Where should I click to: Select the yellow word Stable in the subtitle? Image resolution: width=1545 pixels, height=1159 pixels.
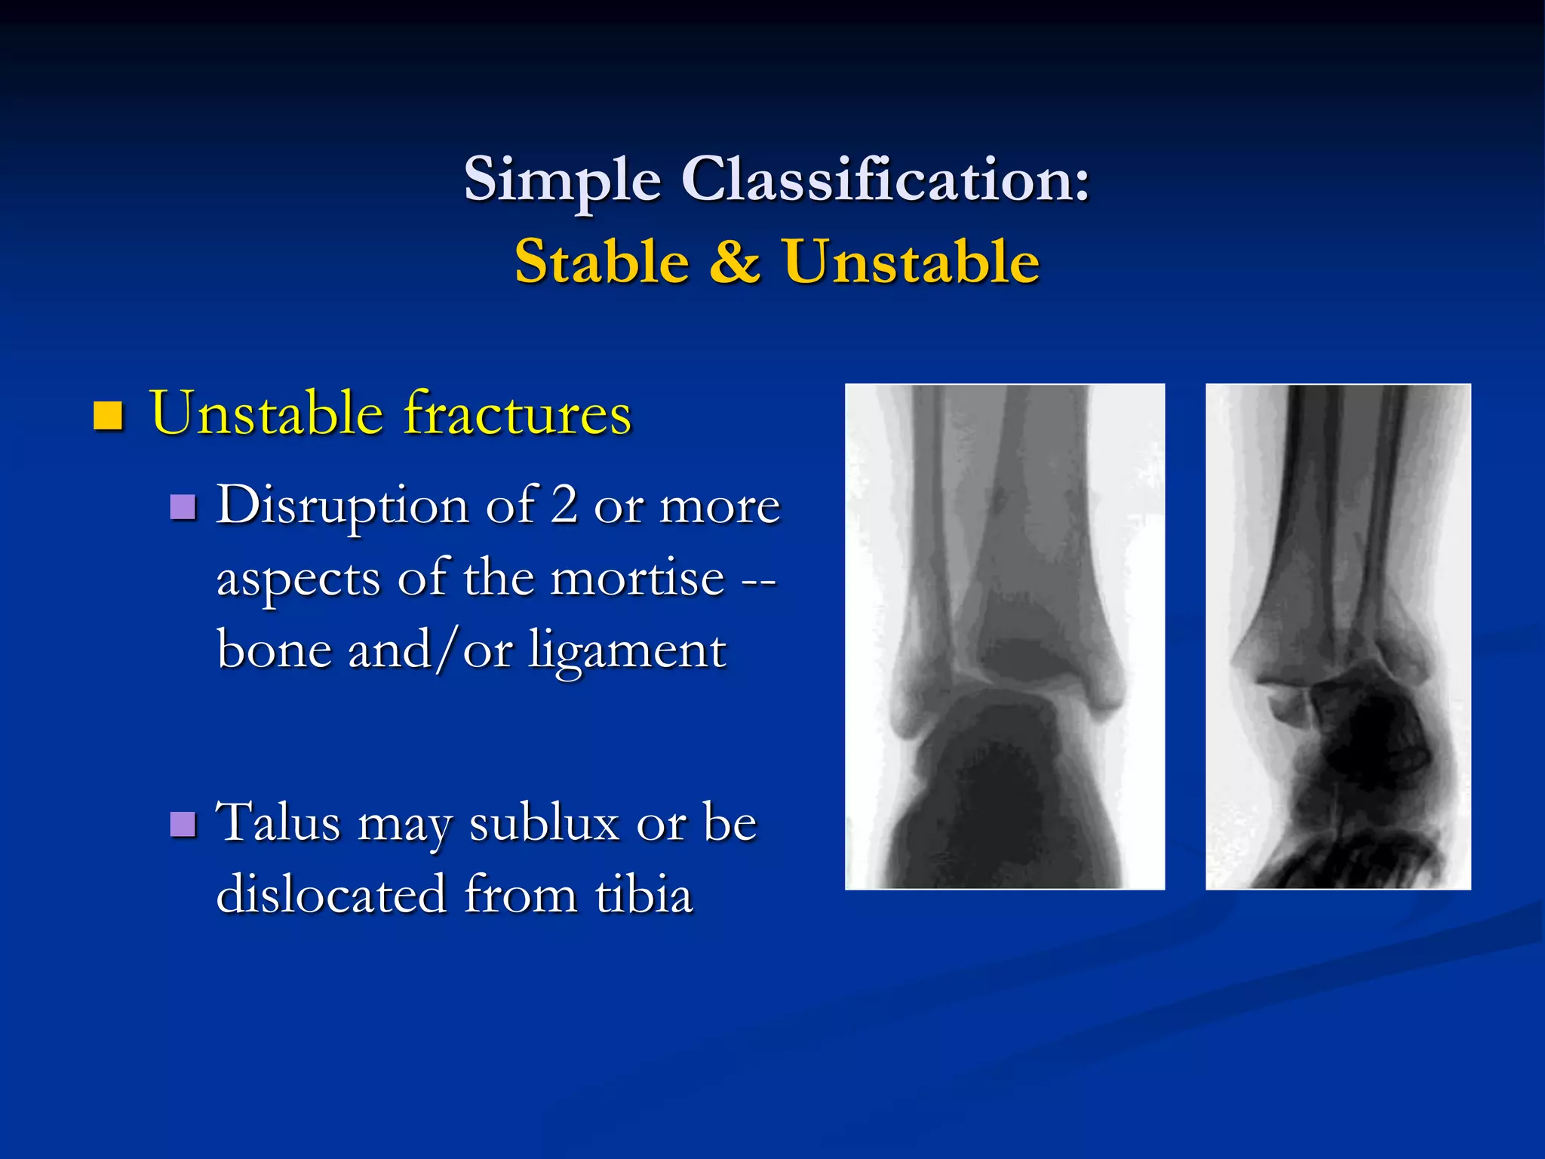[601, 262]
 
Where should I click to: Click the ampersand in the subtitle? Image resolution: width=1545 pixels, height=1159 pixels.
[735, 262]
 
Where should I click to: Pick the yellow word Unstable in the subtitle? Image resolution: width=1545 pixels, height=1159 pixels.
[911, 262]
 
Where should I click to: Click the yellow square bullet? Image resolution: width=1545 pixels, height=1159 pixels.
[108, 415]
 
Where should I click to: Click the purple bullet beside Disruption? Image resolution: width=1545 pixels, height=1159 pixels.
[183, 508]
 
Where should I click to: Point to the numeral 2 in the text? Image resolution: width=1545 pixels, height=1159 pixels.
[564, 504]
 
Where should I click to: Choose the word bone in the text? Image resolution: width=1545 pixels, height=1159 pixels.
[273, 649]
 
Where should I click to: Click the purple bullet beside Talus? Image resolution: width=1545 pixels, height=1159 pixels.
[183, 825]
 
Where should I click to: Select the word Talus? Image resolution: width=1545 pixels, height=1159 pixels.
[278, 822]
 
